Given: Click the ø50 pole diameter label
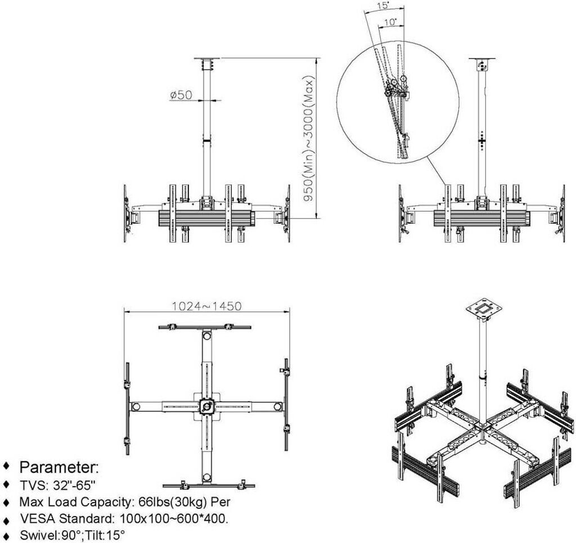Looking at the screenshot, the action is pos(181,95).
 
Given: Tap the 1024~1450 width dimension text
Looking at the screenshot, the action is pos(206,306).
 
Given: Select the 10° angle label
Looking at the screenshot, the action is pos(391,23).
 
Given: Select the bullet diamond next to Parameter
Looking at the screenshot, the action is pos(7,467).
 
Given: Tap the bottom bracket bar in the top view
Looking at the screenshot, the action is pos(208,485).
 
